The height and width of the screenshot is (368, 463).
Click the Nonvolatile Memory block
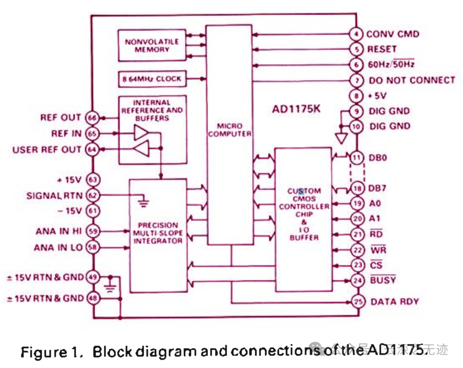152,45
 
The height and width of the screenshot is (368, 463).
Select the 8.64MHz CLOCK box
152,79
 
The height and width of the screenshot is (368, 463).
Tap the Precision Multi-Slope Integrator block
158,233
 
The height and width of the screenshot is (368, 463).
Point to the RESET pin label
382,49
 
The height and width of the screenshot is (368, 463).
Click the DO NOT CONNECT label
412,80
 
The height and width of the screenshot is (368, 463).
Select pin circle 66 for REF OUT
92,118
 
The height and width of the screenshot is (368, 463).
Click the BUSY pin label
382,280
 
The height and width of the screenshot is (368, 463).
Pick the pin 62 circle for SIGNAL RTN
92,196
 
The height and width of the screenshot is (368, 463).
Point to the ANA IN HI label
58,231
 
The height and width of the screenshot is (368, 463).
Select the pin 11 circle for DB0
357,157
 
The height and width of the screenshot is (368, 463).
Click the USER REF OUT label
47,150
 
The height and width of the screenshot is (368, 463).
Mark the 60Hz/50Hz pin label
391,65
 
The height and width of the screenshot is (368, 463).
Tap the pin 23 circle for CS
357,265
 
